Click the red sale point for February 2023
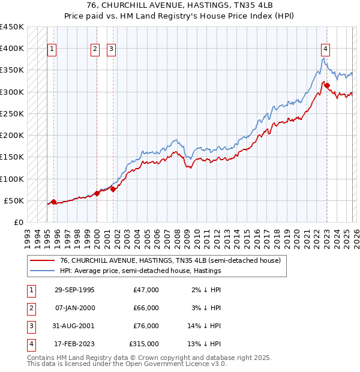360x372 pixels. point(327,85)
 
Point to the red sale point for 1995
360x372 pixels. point(53,202)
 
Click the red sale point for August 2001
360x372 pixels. point(113,189)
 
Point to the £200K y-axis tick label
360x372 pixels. point(12,135)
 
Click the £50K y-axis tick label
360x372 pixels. point(14,200)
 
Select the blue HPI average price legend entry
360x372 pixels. point(140,271)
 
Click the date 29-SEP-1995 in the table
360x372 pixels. point(74,290)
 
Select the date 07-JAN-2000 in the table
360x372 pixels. point(74,308)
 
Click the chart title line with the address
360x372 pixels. point(179,5)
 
